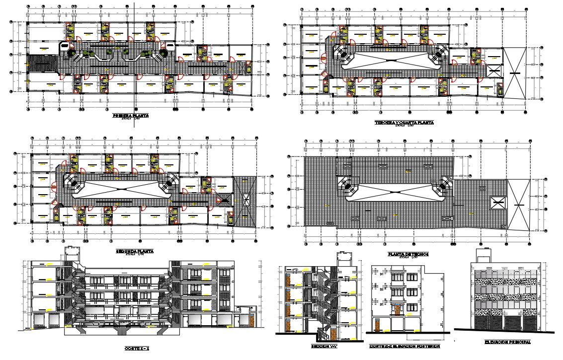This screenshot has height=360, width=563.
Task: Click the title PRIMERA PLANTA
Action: coord(131,115)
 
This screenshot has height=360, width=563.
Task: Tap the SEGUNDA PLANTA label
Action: coord(135,251)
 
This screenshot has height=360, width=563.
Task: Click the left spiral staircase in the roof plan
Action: coord(347,188)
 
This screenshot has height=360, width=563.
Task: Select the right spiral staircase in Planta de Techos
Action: coord(443,188)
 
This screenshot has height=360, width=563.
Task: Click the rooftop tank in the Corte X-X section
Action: coord(73,253)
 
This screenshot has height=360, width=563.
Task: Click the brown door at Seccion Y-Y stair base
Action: coord(287,326)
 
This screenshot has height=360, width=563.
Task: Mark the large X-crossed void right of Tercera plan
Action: coord(515,73)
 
